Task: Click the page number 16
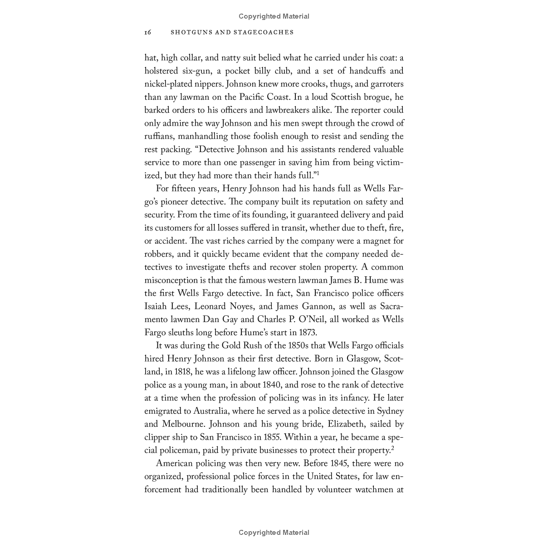(x=147, y=33)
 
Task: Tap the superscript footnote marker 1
(x=318, y=173)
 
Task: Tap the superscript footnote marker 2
(x=392, y=448)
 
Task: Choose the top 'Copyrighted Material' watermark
(x=274, y=16)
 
